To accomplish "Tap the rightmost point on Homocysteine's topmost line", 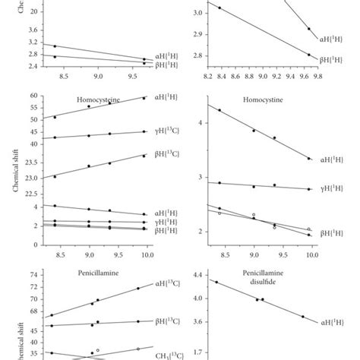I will pyautogui.click(x=144, y=98).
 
